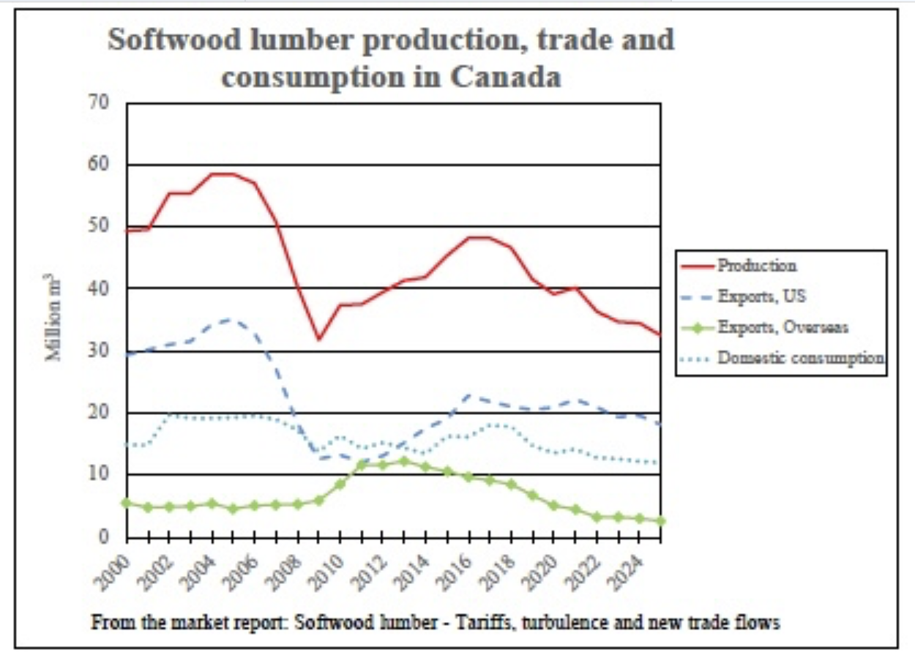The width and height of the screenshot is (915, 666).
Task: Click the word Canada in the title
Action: tap(504, 76)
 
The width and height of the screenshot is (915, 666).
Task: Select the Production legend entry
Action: tap(756, 266)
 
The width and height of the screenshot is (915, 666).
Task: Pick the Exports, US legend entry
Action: tap(762, 296)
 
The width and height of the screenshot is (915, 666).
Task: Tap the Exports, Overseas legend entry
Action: tap(783, 327)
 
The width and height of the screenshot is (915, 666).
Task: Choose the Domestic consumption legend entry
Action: tap(801, 359)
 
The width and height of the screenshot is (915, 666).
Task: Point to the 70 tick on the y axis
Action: tap(100, 103)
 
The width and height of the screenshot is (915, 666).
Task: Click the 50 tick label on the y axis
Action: tap(100, 226)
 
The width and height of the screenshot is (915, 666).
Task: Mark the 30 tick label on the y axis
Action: tap(100, 351)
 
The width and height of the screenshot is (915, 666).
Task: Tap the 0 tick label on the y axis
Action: tap(104, 536)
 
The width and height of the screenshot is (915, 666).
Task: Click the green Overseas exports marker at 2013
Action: tap(403, 461)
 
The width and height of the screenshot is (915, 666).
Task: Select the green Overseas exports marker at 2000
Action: tap(127, 503)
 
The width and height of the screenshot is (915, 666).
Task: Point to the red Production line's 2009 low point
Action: tap(318, 339)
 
